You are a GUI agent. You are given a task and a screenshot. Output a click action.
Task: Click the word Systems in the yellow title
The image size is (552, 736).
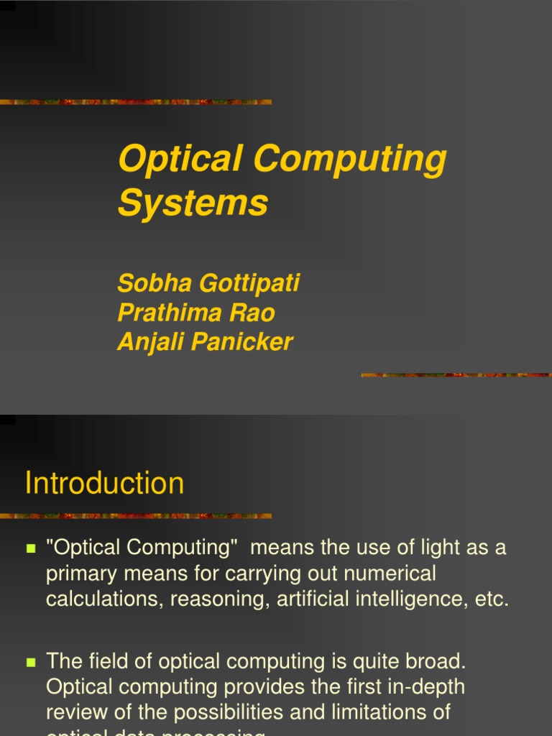tap(193, 203)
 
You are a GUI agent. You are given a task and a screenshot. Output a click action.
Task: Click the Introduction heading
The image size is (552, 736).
tap(104, 483)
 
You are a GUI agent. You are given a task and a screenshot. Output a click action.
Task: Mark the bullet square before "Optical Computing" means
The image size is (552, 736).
tap(31, 548)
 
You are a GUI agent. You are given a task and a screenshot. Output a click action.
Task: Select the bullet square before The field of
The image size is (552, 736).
tap(31, 661)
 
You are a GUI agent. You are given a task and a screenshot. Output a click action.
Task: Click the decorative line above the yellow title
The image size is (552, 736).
tap(136, 102)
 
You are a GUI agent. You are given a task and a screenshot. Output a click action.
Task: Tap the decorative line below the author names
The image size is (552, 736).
tap(456, 374)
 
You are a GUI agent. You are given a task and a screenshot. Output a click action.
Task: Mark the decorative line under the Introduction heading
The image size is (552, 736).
tap(136, 515)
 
